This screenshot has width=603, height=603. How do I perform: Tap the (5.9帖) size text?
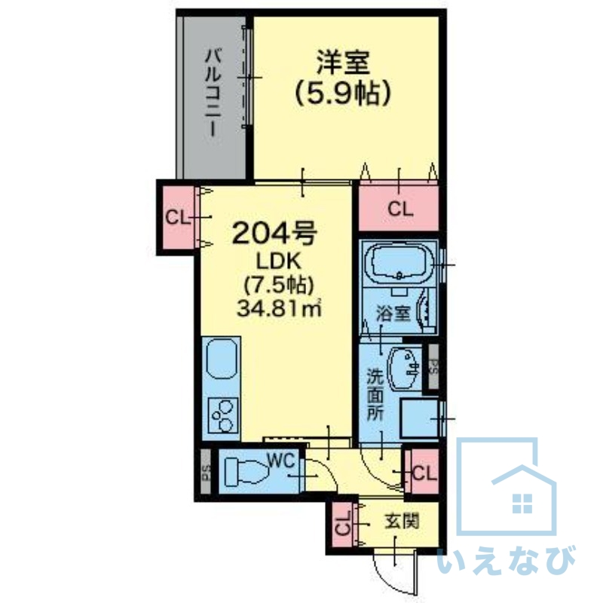pos(344,94)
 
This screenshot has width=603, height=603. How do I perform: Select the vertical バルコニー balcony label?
pos(214,91)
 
